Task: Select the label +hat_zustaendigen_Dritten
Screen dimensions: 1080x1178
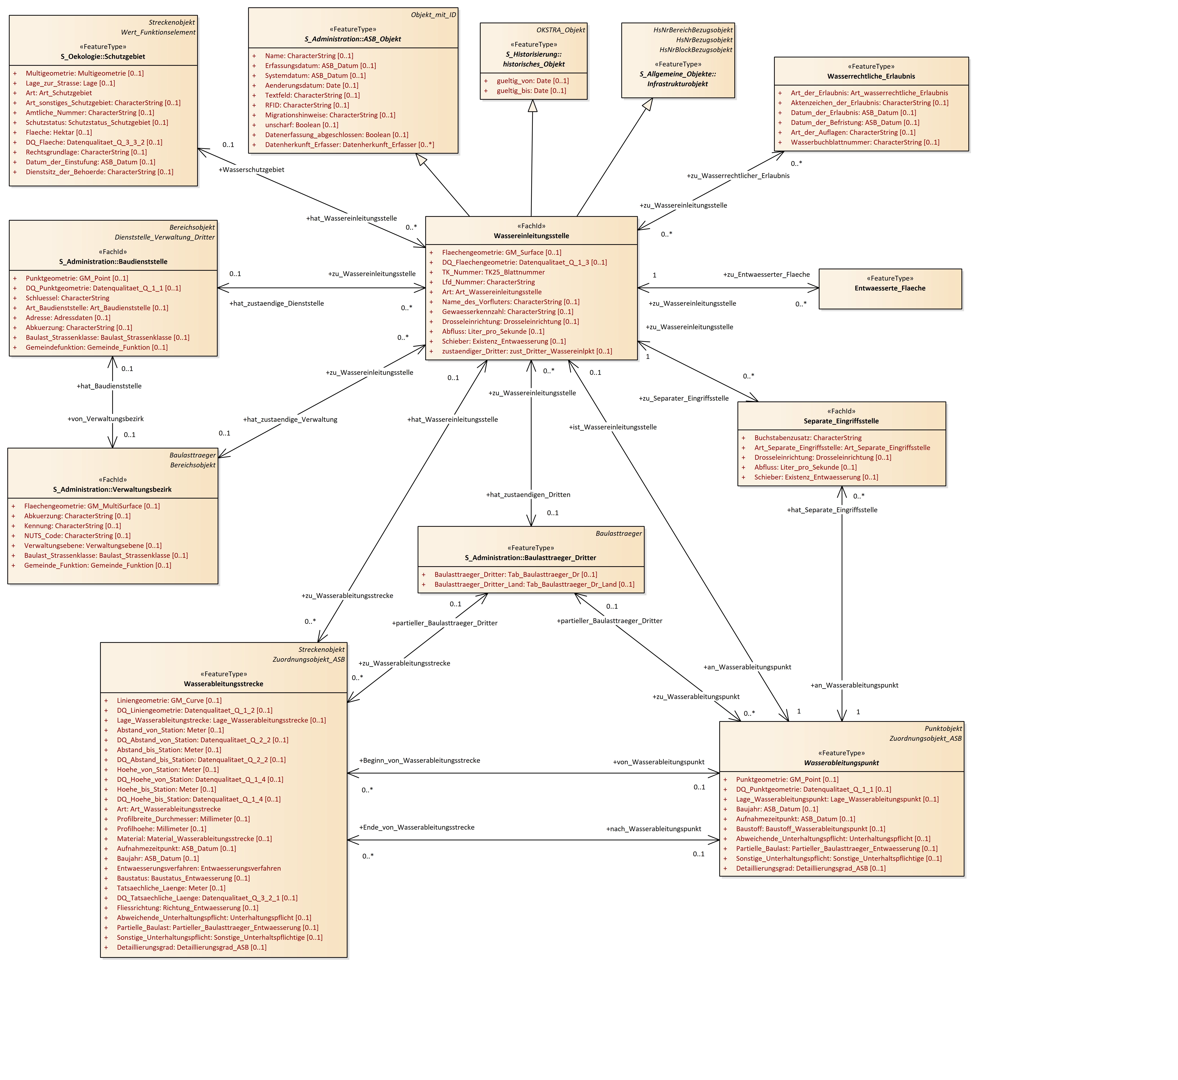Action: [x=528, y=495]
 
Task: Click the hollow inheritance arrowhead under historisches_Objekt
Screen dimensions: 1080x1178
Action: [x=532, y=106]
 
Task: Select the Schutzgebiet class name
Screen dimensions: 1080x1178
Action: [x=103, y=57]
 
